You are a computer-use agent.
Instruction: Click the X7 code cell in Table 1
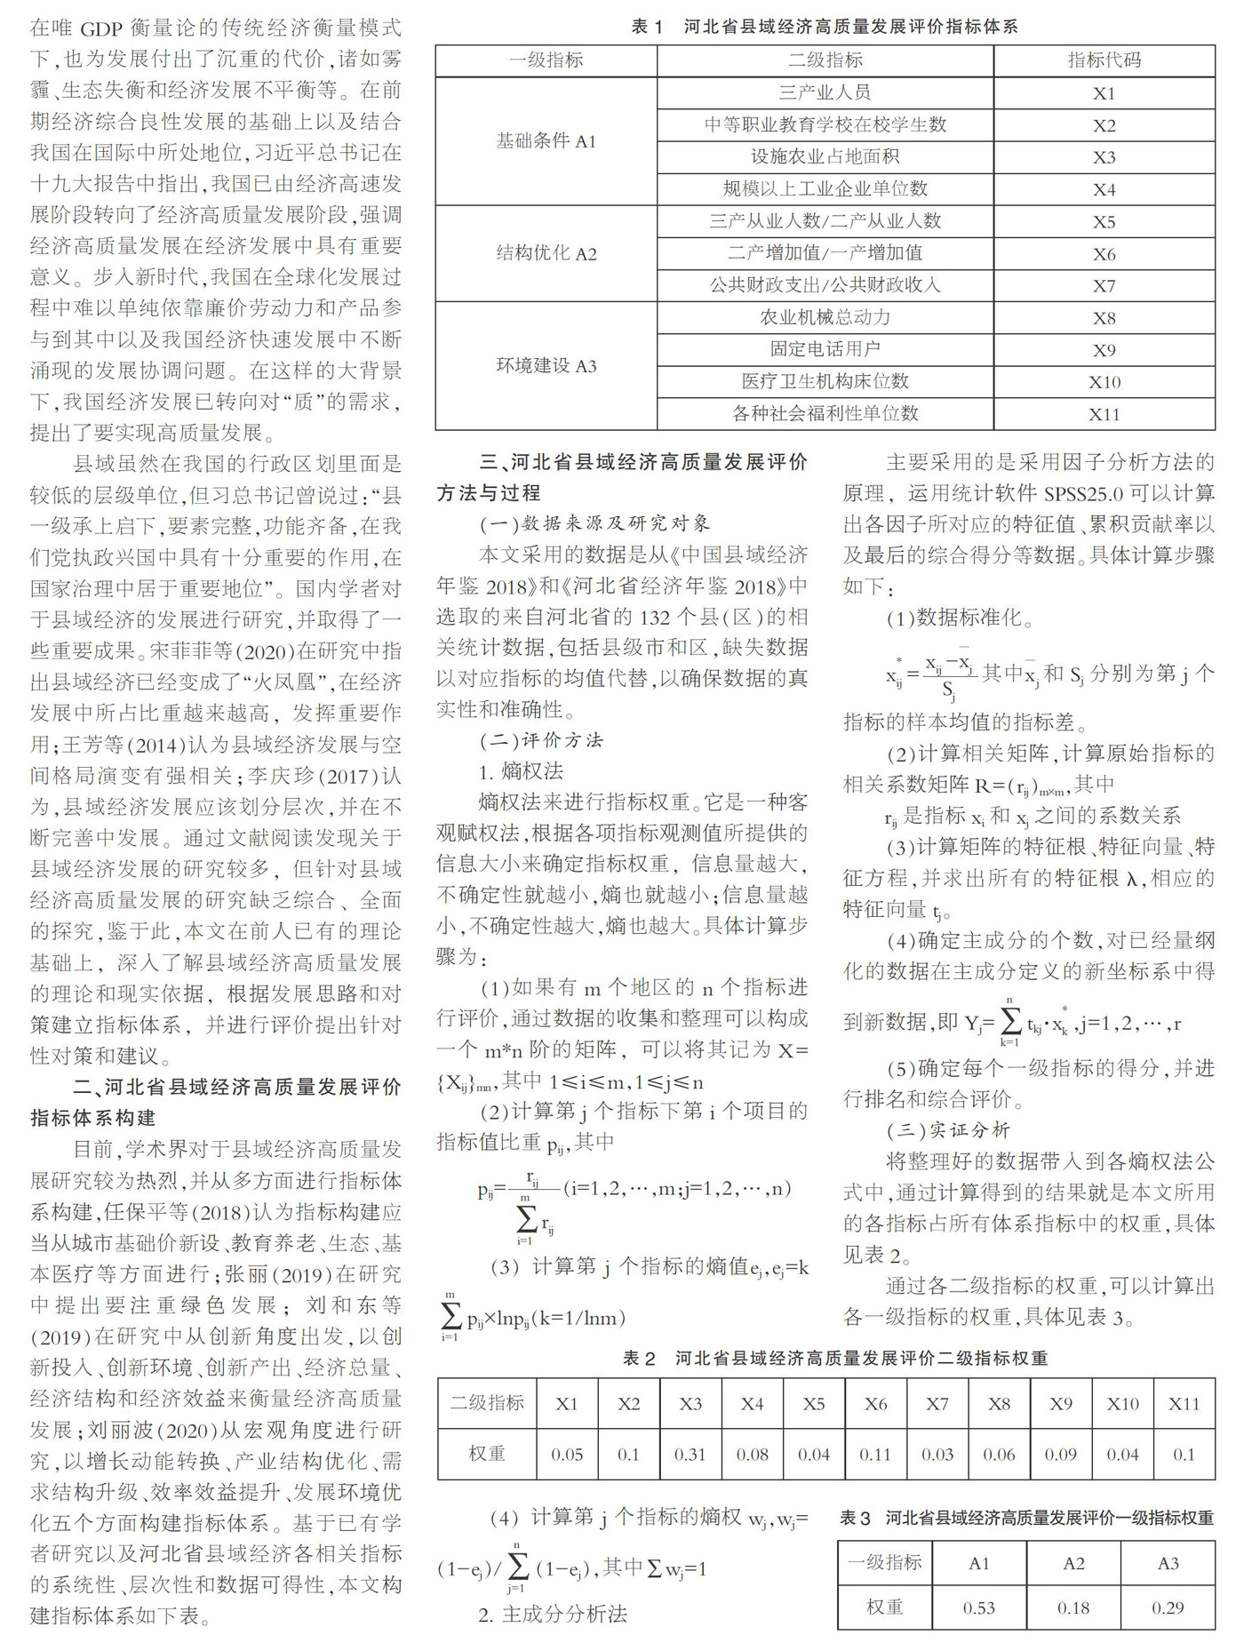pos(1104,286)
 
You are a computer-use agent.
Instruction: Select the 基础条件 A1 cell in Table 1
pos(546,141)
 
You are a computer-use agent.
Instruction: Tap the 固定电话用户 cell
pos(825,349)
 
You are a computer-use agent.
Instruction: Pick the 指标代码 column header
pos(1104,60)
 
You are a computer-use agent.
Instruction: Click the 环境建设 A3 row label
pos(546,366)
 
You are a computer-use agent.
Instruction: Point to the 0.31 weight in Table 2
pos(690,1455)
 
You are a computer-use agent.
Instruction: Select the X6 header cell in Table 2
pos(875,1404)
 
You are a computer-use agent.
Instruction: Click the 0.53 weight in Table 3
pos(978,1607)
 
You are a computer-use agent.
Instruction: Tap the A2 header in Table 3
pos(1073,1563)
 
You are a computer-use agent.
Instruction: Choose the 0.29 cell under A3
pos(1168,1607)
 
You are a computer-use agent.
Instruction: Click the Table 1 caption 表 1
pos(647,27)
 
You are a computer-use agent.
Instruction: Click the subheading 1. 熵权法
pos(521,771)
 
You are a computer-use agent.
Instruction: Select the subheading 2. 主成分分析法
pos(552,1615)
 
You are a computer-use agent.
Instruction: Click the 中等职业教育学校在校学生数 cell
pos(825,125)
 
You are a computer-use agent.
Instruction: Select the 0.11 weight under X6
pos(875,1455)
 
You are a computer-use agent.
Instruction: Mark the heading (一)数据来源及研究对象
pos(594,523)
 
